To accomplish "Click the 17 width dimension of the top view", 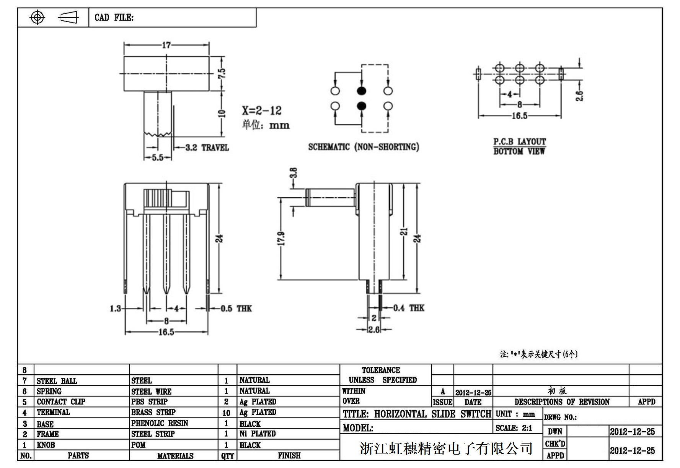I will point(166,45).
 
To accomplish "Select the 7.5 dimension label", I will point(222,73).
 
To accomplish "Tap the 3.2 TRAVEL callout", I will point(207,148).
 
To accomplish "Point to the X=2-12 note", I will point(262,111).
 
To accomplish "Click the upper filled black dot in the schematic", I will point(362,91).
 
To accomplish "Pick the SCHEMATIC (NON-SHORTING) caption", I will point(364,147).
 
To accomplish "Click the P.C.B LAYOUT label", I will point(519,141).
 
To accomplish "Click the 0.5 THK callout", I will point(236,309).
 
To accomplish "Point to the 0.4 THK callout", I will point(409,308).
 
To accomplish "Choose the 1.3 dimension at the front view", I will point(115,309).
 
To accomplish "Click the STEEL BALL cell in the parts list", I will point(57,381).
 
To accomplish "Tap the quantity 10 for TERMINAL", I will point(227,413).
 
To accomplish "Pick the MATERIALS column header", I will point(175,456).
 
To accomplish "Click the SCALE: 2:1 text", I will point(514,428).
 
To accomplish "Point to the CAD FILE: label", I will point(114,18).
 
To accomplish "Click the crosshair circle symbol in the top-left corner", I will point(37,18).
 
